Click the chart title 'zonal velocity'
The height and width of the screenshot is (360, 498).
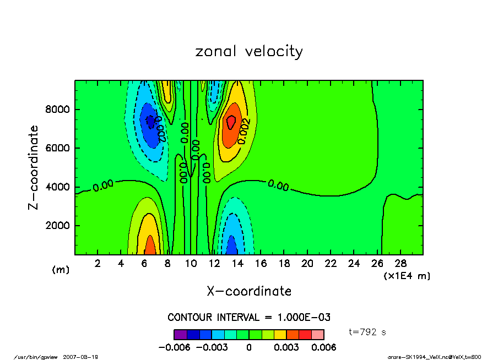249,52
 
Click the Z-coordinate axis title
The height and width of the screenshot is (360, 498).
34,167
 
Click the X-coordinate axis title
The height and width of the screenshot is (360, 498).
249,291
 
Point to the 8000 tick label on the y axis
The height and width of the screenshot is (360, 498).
57,110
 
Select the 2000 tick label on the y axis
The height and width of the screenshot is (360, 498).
57,226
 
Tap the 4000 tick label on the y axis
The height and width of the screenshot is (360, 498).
57,187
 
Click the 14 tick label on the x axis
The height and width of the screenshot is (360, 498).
237,264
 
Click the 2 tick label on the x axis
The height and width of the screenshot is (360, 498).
98,264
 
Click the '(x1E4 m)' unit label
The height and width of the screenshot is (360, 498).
407,275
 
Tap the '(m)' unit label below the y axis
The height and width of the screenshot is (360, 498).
59,270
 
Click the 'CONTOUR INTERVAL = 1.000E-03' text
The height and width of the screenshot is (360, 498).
248,318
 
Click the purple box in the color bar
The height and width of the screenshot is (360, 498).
180,334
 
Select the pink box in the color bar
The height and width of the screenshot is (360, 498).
318,334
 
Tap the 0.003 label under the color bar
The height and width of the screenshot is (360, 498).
286,347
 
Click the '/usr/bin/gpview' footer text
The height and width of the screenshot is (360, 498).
35,356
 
